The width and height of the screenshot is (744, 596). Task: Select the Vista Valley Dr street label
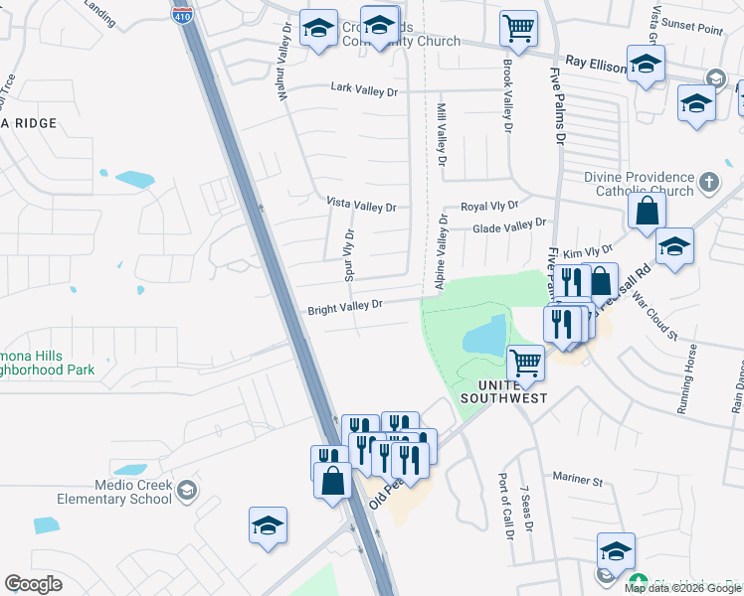(362, 206)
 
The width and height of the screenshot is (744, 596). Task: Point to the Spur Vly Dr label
(349, 254)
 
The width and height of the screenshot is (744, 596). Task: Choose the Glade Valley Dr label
(509, 227)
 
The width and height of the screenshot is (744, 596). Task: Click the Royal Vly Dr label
(489, 206)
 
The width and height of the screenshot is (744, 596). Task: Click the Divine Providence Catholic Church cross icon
(708, 182)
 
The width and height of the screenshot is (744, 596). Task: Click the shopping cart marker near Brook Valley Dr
(518, 29)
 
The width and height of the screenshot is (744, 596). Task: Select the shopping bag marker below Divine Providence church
(647, 211)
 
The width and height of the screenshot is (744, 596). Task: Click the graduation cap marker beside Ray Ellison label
(647, 67)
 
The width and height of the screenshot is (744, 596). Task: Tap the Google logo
(33, 583)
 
